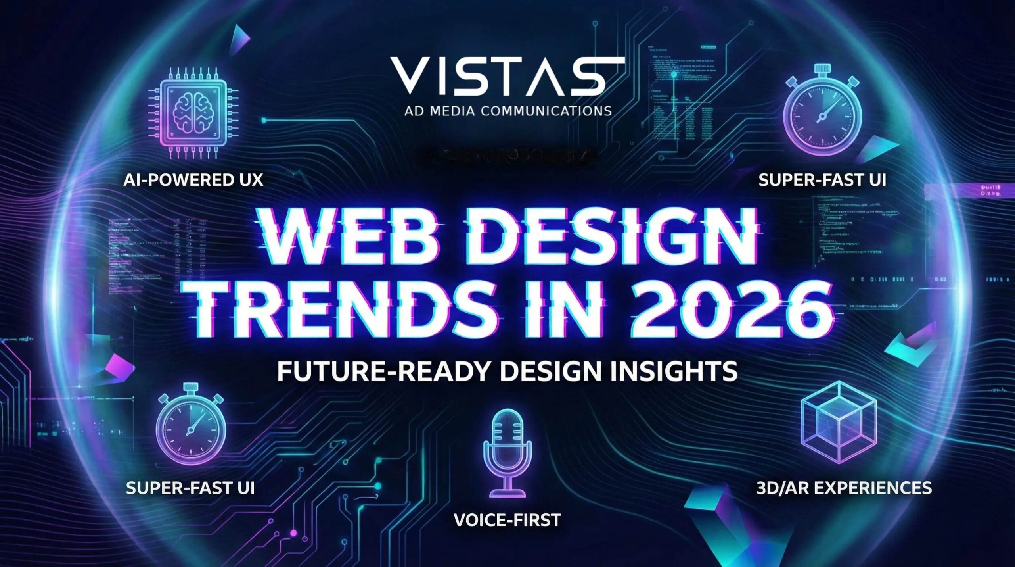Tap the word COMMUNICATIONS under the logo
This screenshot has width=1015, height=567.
(x=546, y=111)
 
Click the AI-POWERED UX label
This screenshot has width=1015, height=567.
(x=193, y=180)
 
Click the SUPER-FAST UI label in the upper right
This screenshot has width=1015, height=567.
(x=822, y=180)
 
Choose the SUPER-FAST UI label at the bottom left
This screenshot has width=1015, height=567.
(x=190, y=488)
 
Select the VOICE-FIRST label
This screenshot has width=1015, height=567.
(x=507, y=520)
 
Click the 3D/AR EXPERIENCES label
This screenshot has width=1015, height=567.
(x=844, y=488)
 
